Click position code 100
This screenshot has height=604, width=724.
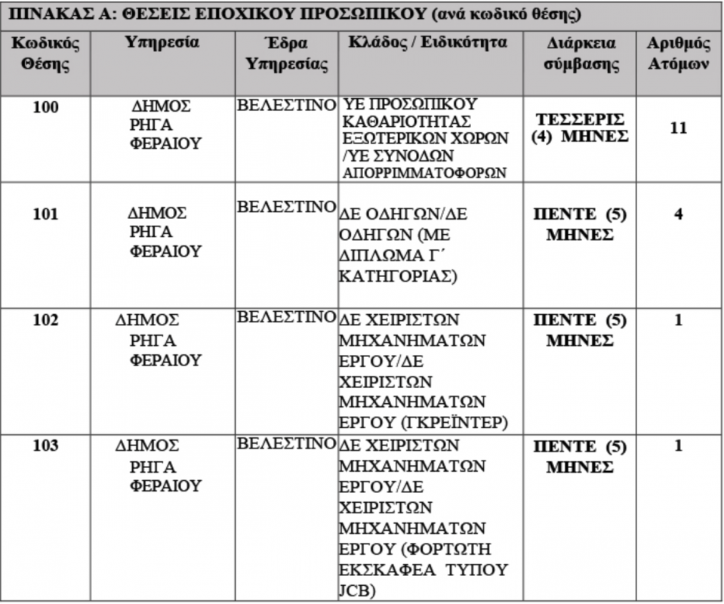[x=46, y=107]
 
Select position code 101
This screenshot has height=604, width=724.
[x=46, y=214]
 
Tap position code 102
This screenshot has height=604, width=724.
[x=46, y=319]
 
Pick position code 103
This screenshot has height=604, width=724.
[x=46, y=445]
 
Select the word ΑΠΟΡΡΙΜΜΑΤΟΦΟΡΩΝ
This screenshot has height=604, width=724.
[x=423, y=173]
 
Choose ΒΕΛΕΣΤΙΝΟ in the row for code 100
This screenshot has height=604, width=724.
[x=286, y=105]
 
